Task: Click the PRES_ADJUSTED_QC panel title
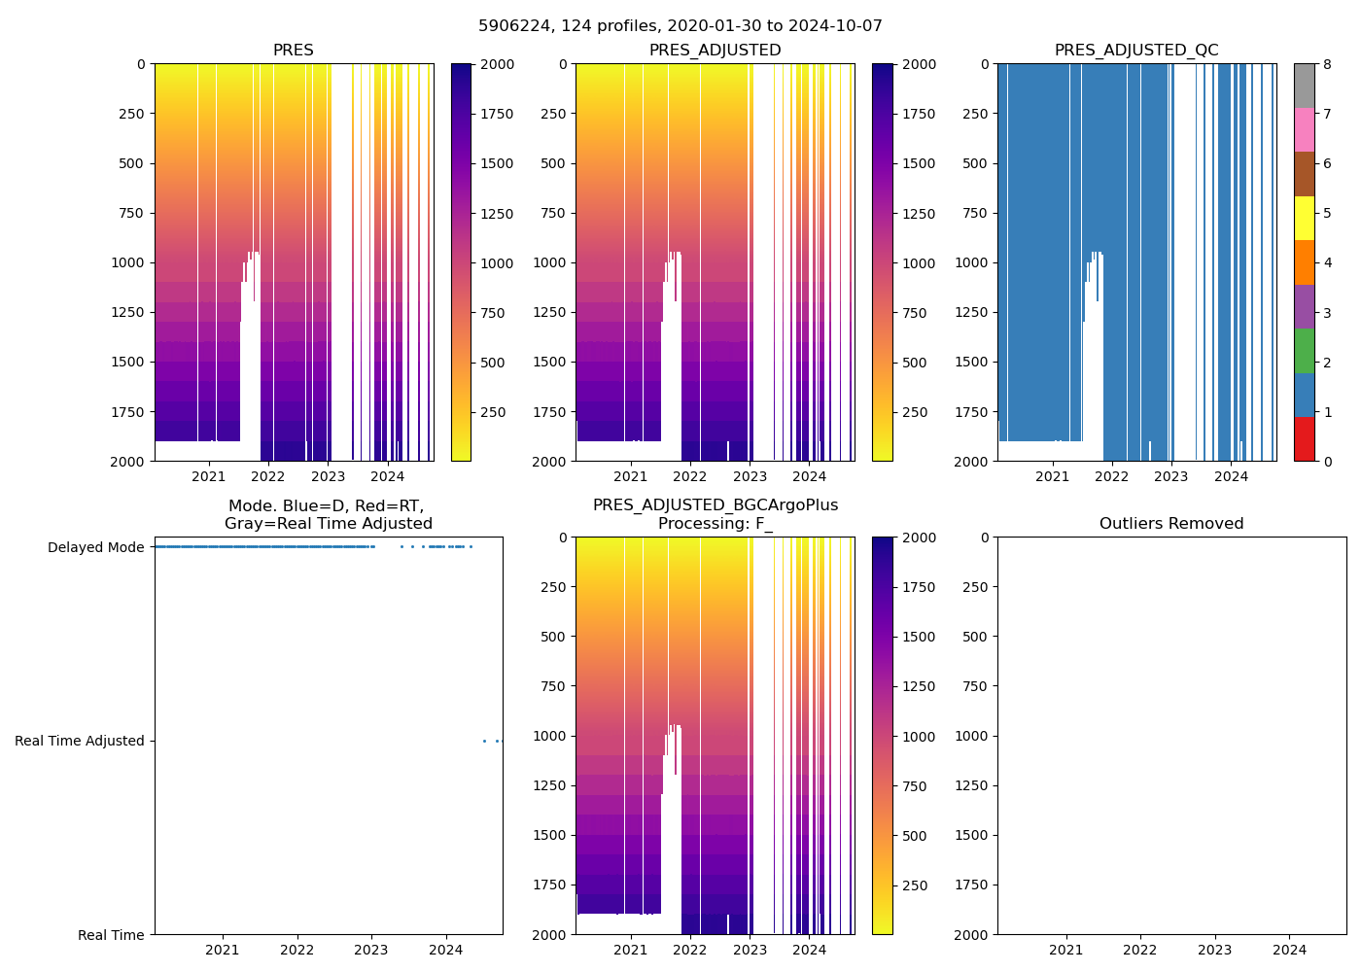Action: point(1136,51)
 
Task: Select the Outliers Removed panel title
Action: point(1171,524)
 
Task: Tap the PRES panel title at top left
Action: point(293,51)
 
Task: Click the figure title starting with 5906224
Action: point(680,26)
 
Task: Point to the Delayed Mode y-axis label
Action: point(95,547)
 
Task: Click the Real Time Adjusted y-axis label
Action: point(80,741)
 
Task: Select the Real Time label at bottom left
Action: point(111,935)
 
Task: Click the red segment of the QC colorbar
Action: point(1304,439)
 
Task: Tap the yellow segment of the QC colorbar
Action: point(1304,218)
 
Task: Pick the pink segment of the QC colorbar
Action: point(1304,129)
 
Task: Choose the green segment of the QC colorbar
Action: point(1304,350)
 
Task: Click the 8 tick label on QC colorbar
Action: point(1327,64)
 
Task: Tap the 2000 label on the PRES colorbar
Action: point(496,64)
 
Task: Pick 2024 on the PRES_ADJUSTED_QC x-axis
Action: point(1231,476)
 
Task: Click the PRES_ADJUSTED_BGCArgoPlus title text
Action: point(715,505)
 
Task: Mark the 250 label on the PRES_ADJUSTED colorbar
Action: point(914,412)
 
